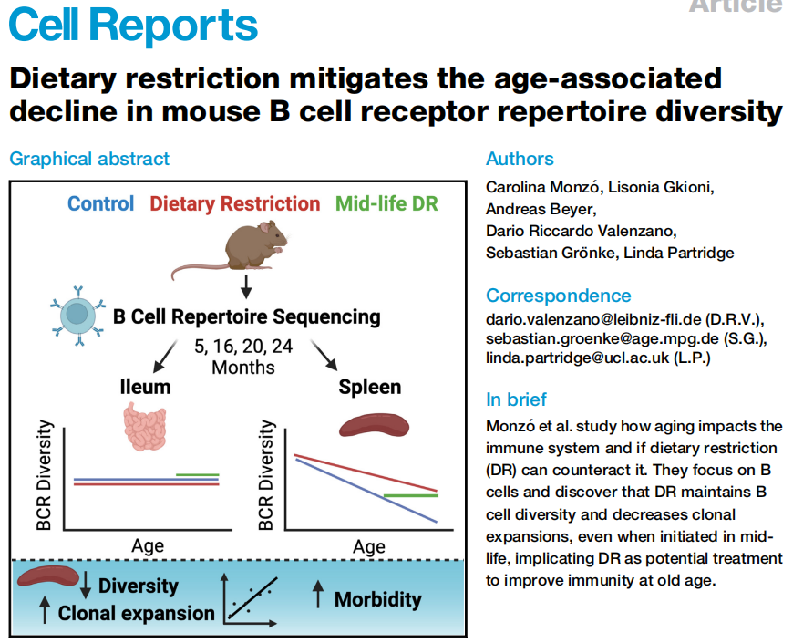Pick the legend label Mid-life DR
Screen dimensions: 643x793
click(x=386, y=203)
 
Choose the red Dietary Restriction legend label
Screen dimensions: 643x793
click(x=235, y=203)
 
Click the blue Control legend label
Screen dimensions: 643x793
click(x=101, y=203)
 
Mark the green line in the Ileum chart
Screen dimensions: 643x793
click(x=197, y=474)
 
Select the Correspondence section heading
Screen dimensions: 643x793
click(x=558, y=296)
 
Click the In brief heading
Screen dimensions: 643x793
click(x=517, y=399)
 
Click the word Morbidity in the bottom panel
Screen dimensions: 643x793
click(x=377, y=599)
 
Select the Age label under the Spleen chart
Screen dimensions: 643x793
click(x=369, y=546)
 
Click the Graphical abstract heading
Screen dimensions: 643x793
click(x=89, y=159)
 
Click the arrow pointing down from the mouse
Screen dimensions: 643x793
click(x=246, y=289)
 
